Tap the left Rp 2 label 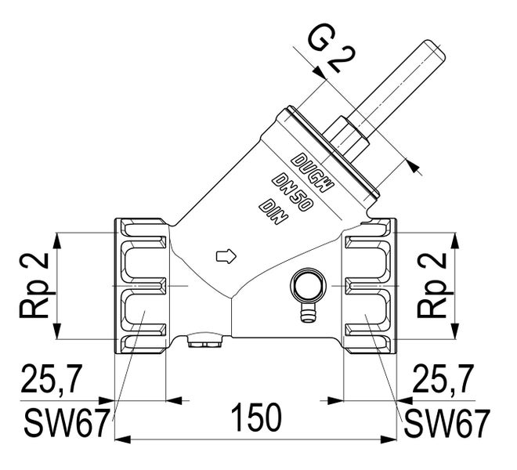pyautogui.click(x=34, y=286)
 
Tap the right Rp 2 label pyautogui.click(x=432, y=286)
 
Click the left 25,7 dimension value pyautogui.click(x=51, y=379)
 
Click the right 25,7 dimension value pyautogui.click(x=443, y=379)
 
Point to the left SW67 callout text pyautogui.click(x=67, y=423)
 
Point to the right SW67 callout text pyautogui.click(x=446, y=423)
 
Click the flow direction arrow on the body pyautogui.click(x=226, y=256)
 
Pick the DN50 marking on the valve pyautogui.click(x=292, y=193)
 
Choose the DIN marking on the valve pyautogui.click(x=273, y=211)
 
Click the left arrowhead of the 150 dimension pyautogui.click(x=123, y=439)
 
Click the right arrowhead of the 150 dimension pyautogui.click(x=389, y=439)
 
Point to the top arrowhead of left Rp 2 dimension pyautogui.click(x=57, y=240)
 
